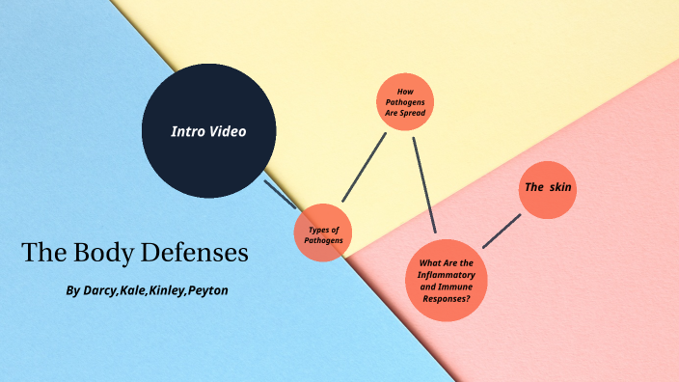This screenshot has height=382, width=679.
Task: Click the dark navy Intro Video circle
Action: (209, 131)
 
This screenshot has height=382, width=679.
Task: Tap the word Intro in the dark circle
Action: (187, 131)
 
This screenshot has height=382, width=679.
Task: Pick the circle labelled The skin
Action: (548, 187)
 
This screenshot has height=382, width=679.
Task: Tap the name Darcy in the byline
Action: (100, 290)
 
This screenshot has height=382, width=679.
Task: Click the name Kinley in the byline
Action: (172, 290)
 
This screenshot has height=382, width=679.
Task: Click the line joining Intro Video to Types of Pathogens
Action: (281, 194)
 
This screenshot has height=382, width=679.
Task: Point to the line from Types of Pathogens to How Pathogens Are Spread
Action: (365, 167)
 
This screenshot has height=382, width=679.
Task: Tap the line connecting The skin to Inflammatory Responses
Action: (502, 231)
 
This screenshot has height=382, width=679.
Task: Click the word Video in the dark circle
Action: (229, 131)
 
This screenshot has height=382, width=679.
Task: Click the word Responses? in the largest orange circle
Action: (447, 299)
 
